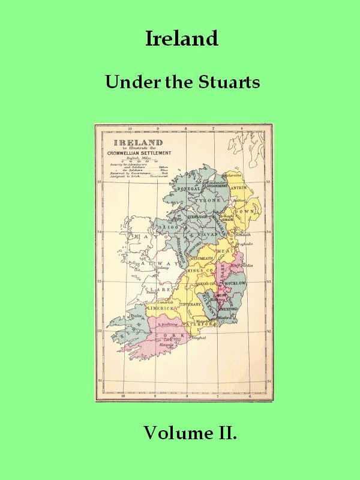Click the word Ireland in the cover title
(181, 38)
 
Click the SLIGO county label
(164, 229)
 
